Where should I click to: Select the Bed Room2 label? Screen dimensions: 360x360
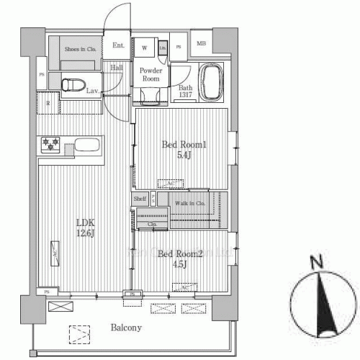click(x=174, y=258)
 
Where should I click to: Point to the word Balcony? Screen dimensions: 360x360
click(x=126, y=328)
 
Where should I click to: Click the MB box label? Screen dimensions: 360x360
click(x=201, y=44)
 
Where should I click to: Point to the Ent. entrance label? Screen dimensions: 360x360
click(x=119, y=46)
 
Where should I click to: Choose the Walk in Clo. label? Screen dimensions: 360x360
click(x=190, y=203)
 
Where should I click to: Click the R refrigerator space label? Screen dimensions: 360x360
click(x=48, y=103)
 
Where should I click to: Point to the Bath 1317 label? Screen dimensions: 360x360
click(x=185, y=91)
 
